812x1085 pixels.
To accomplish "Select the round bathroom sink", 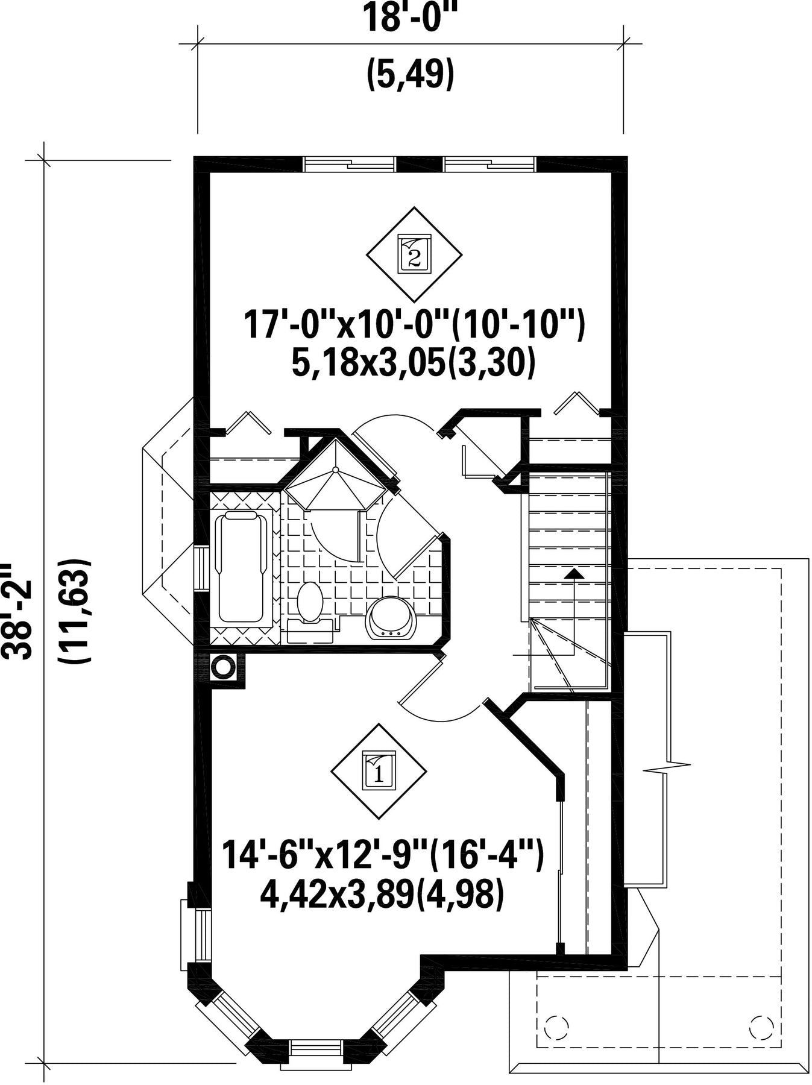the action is click(x=391, y=618).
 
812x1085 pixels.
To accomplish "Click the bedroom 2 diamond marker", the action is click(x=414, y=254).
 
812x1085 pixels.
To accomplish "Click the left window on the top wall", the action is click(x=350, y=164).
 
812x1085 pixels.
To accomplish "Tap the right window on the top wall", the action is click(x=489, y=164).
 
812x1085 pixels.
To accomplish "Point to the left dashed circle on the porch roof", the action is click(x=556, y=1025).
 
